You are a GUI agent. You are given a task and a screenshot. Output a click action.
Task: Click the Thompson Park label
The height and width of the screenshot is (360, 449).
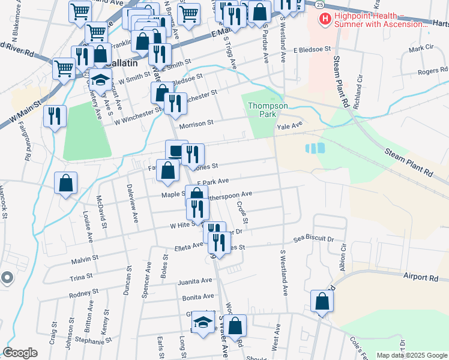(268, 110)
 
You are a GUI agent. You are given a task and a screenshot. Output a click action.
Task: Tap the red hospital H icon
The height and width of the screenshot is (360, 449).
(325, 20)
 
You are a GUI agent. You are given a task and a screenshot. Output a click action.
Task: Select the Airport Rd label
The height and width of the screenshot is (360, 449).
(421, 278)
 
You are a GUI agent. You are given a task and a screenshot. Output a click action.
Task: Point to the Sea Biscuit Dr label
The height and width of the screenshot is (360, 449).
(313, 239)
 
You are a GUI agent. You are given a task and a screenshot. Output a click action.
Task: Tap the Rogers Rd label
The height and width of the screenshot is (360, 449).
(429, 71)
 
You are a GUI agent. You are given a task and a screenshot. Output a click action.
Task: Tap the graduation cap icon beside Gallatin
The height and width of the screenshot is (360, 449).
(101, 80)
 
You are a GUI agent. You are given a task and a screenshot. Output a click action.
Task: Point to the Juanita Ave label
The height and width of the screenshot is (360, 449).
(194, 281)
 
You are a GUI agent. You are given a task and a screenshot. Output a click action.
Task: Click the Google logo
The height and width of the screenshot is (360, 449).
(20, 352)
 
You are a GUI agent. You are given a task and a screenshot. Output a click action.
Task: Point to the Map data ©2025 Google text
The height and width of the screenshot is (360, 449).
(411, 355)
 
